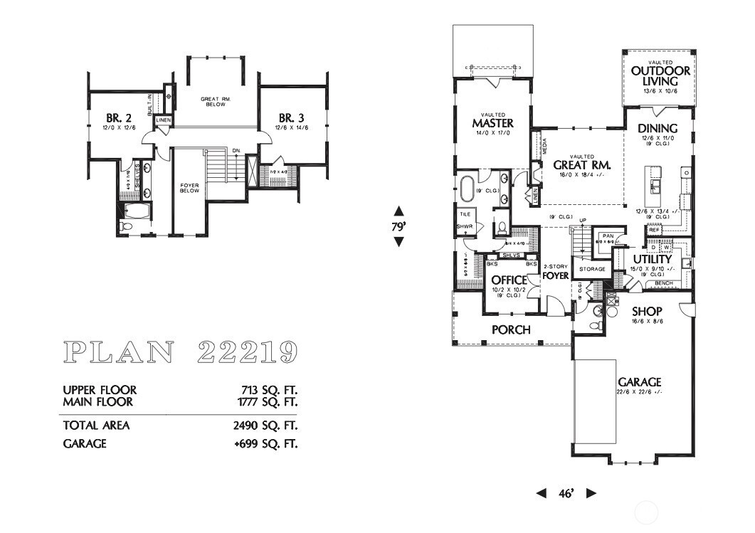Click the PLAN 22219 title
click(180, 351)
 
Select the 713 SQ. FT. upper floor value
click(270, 390)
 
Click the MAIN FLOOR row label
click(99, 402)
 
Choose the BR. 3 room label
click(292, 117)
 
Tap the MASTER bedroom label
click(492, 123)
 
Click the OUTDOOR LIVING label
click(660, 75)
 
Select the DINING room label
click(657, 128)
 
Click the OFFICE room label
click(510, 280)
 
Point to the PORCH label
click(511, 329)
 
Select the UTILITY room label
click(653, 260)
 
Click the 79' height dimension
click(398, 226)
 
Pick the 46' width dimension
click(566, 492)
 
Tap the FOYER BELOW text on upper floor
click(189, 188)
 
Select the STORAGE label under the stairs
click(592, 269)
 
